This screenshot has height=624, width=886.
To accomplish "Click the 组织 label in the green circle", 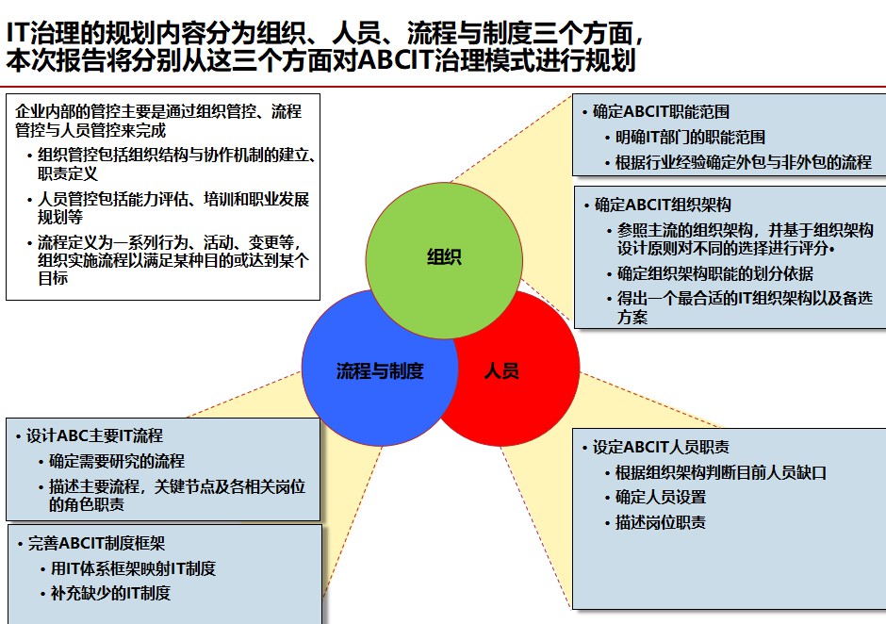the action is (x=444, y=257).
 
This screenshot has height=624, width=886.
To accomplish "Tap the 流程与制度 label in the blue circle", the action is (x=380, y=370).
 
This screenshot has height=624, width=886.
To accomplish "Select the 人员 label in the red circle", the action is (x=501, y=370).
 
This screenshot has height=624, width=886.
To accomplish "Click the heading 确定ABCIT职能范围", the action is (x=661, y=111).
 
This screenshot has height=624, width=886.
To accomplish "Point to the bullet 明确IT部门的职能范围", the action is (x=690, y=137).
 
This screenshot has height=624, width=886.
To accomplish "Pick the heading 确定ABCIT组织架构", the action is (x=663, y=204).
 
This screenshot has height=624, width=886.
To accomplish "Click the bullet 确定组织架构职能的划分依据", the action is (x=714, y=273).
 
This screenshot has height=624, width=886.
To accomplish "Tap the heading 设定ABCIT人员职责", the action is (x=661, y=447).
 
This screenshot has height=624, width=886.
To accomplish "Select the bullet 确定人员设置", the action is (x=661, y=497).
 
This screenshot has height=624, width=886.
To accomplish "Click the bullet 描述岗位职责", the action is (x=661, y=521).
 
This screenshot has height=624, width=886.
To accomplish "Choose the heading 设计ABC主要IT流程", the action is (x=94, y=435).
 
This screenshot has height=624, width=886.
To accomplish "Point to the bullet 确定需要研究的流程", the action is (x=117, y=461).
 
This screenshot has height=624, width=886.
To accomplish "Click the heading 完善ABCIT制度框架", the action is (x=97, y=543).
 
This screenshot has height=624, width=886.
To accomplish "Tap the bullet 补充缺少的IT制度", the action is (x=111, y=593).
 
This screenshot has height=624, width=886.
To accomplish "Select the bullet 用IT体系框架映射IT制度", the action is (x=133, y=568).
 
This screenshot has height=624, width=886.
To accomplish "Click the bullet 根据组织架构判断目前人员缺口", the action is (x=721, y=472).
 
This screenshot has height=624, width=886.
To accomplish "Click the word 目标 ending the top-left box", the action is (x=53, y=278).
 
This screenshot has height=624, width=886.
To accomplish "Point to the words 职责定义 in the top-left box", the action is (x=68, y=172).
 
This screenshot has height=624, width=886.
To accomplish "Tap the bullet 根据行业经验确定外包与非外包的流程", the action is (x=744, y=162).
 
